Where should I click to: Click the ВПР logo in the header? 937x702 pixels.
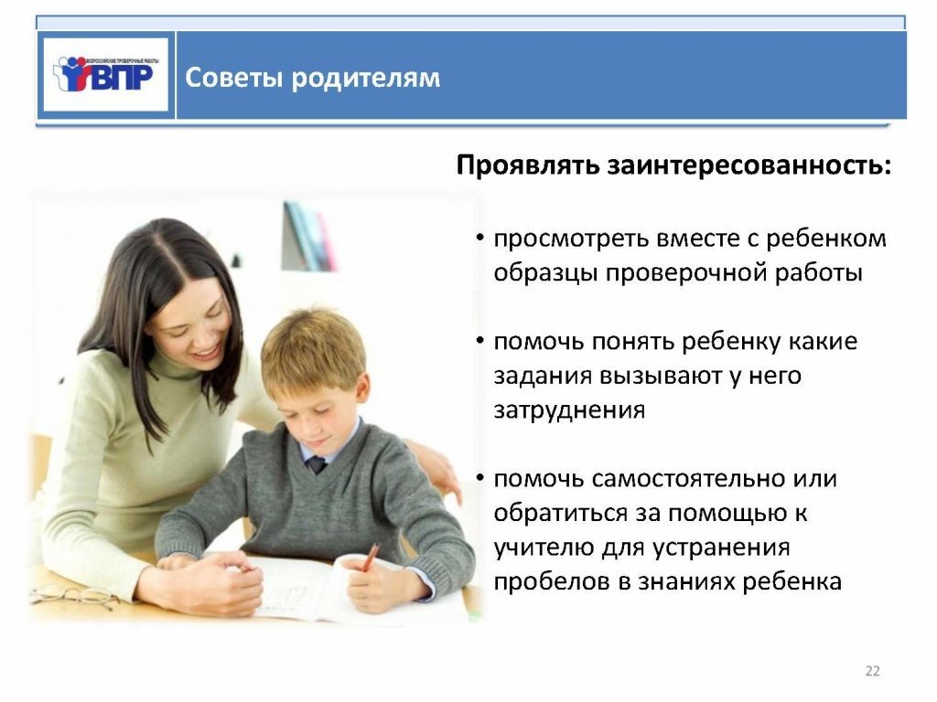click(x=106, y=75)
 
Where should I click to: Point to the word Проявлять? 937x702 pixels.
click(x=528, y=166)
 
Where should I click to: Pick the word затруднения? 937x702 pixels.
click(x=569, y=411)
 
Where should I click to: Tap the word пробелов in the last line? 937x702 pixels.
click(x=550, y=581)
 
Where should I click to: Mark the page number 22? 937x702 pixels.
click(x=872, y=671)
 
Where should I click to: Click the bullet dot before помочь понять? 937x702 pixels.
click(x=479, y=341)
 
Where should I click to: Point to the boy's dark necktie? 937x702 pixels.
click(x=317, y=463)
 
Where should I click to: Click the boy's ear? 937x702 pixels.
click(x=362, y=390)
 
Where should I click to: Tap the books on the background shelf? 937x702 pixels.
click(x=308, y=236)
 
